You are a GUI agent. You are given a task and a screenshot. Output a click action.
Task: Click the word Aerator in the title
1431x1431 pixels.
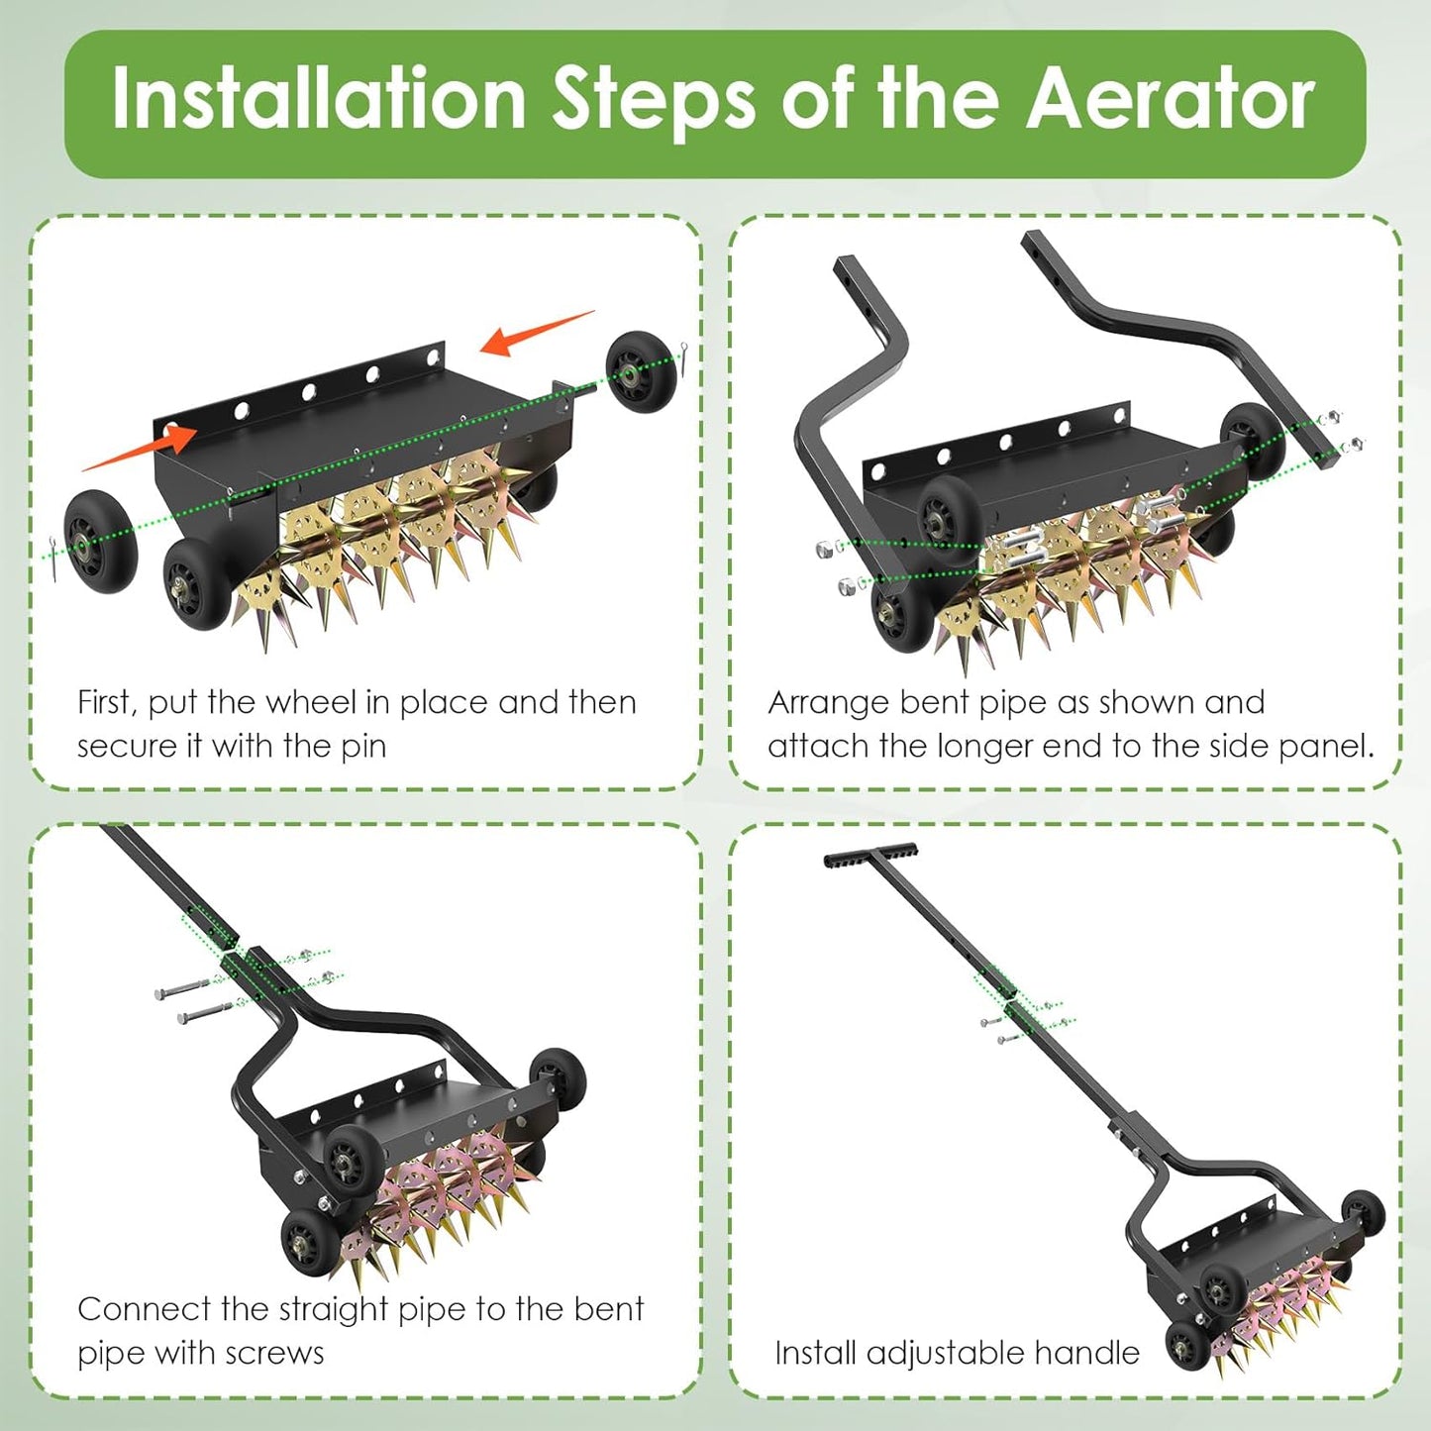coord(1170,99)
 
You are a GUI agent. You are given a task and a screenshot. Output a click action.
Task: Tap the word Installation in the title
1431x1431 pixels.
coord(318,99)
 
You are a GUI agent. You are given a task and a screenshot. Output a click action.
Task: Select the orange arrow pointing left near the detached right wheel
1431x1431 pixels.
coord(535,333)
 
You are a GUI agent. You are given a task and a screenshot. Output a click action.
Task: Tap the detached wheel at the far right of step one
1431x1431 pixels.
coord(641,371)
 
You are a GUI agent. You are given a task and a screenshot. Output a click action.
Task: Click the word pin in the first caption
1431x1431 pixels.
coord(363,746)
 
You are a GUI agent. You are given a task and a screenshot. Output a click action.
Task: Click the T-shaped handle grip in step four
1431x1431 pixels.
coord(870,856)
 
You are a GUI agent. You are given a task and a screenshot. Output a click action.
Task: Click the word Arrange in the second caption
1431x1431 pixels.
coord(828,702)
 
